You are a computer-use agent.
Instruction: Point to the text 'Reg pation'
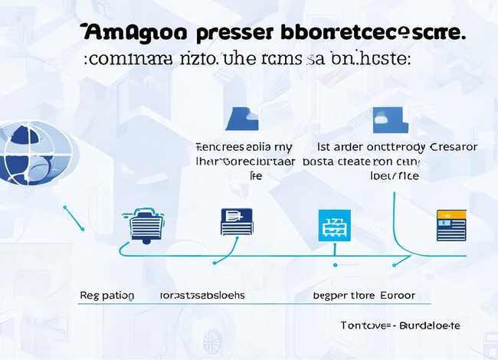click(x=106, y=295)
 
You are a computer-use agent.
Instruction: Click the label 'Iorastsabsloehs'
click(x=202, y=295)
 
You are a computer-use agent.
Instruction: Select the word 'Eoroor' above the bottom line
click(x=395, y=295)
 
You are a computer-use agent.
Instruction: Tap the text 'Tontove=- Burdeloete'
click(x=400, y=326)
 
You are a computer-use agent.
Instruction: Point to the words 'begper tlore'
click(x=342, y=295)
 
